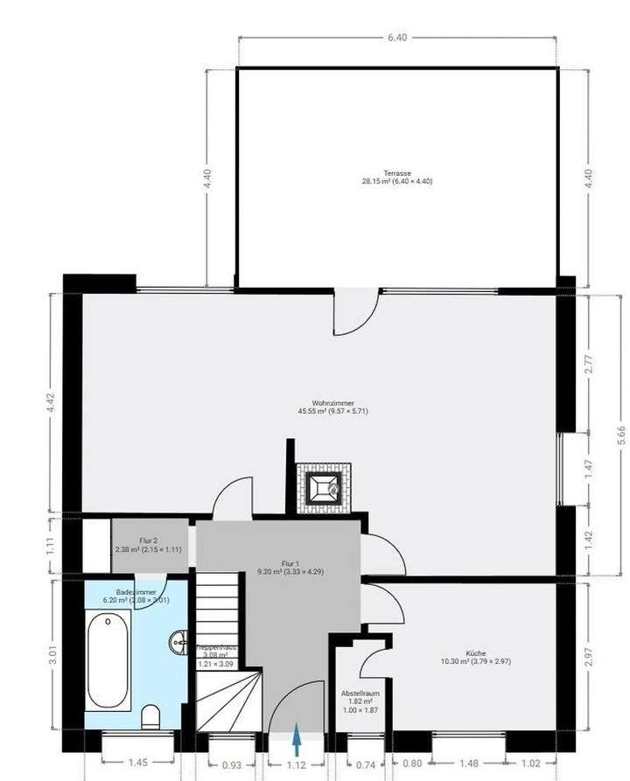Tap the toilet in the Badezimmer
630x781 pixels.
150,715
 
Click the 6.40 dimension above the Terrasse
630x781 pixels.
397,38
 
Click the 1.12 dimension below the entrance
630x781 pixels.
297,765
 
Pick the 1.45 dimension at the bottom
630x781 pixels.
138,763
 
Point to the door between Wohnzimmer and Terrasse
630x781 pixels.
357,310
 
